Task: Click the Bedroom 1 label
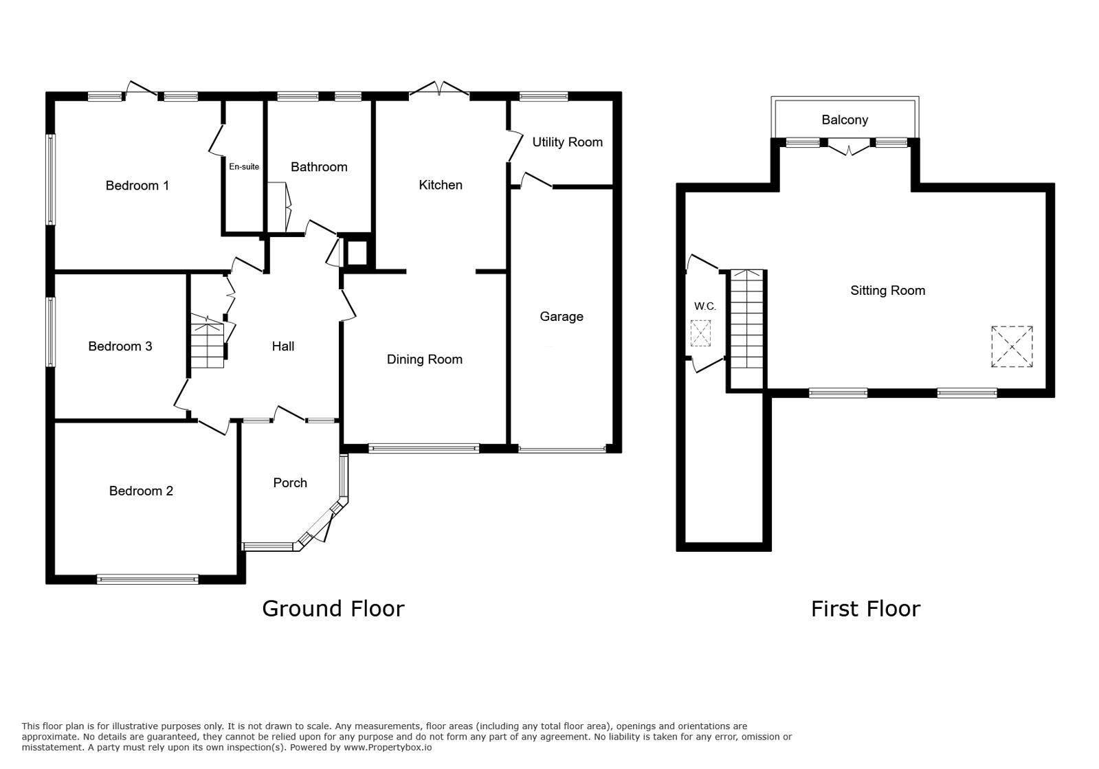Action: [137, 186]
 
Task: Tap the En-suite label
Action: [244, 166]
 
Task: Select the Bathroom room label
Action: [319, 167]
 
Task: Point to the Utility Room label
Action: [567, 142]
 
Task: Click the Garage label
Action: [562, 317]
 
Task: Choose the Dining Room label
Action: [424, 359]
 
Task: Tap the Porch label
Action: [290, 483]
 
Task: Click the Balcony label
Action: [845, 120]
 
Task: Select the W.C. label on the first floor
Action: [704, 307]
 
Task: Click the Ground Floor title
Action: [333, 609]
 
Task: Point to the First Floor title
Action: [865, 609]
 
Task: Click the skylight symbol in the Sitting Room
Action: [1012, 346]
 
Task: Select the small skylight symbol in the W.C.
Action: [700, 333]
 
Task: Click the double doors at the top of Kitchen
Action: [439, 91]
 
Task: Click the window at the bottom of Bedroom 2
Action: [147, 579]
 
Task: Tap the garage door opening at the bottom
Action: [562, 450]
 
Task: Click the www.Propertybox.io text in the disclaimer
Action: [388, 748]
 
